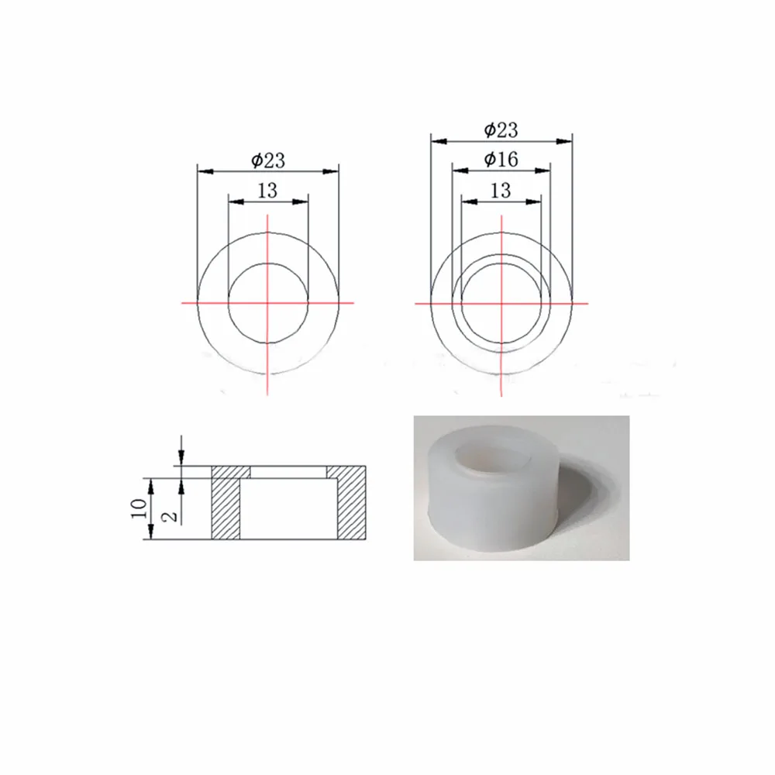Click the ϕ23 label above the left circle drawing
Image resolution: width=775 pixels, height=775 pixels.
point(268,160)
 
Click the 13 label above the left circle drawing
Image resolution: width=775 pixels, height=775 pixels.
point(267,191)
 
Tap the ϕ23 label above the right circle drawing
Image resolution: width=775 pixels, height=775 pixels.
point(501,130)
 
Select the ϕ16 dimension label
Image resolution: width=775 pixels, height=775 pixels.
point(501,159)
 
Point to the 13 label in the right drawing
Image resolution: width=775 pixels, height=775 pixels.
point(500,191)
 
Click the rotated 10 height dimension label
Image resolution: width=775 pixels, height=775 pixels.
point(139,508)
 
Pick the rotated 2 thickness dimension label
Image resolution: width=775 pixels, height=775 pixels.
point(170,516)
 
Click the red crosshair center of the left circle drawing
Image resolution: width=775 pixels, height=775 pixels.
point(267,302)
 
